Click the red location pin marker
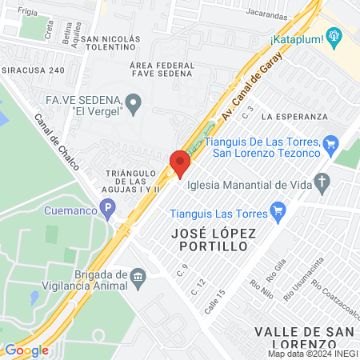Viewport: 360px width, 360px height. point(180,163)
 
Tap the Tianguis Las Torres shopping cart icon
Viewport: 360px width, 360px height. point(278,210)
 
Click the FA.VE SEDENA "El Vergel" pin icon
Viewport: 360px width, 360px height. point(134,101)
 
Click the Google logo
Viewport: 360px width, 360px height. point(26,350)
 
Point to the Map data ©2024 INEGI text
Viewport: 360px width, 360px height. point(311,354)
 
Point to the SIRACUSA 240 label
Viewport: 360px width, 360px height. point(33,70)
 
